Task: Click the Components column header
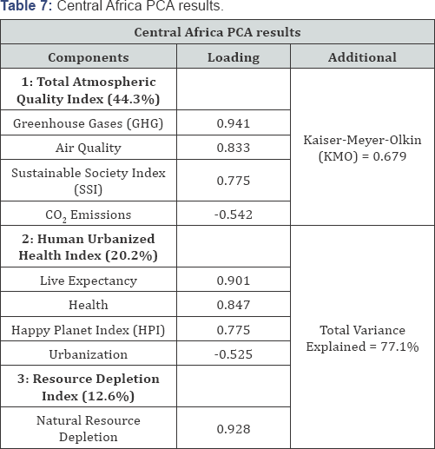tap(89, 57)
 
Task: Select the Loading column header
tap(234, 57)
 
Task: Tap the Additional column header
tap(362, 57)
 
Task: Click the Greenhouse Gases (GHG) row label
tap(88, 123)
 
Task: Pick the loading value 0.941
tap(234, 123)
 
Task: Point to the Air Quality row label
tap(89, 148)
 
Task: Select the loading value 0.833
tap(234, 148)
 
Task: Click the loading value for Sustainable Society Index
tap(234, 181)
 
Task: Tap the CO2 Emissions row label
tap(89, 215)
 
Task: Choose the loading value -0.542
tap(234, 215)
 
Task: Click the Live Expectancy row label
tap(89, 281)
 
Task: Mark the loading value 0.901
tap(234, 281)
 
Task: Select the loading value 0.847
tap(234, 305)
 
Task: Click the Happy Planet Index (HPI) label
tap(88, 330)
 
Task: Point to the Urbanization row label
tap(89, 354)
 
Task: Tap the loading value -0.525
tap(234, 354)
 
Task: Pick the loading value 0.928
tap(234, 429)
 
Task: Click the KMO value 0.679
tap(390, 156)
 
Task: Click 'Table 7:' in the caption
tap(26, 6)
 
